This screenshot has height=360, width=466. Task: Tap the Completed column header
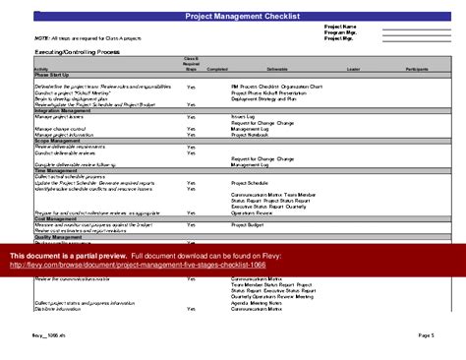pyautogui.click(x=217, y=69)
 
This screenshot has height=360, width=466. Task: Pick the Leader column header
pyautogui.click(x=355, y=69)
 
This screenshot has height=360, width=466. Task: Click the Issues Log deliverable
pyautogui.click(x=244, y=115)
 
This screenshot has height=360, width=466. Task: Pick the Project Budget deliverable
pyautogui.click(x=249, y=225)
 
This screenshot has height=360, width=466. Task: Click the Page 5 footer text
pyautogui.click(x=425, y=334)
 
